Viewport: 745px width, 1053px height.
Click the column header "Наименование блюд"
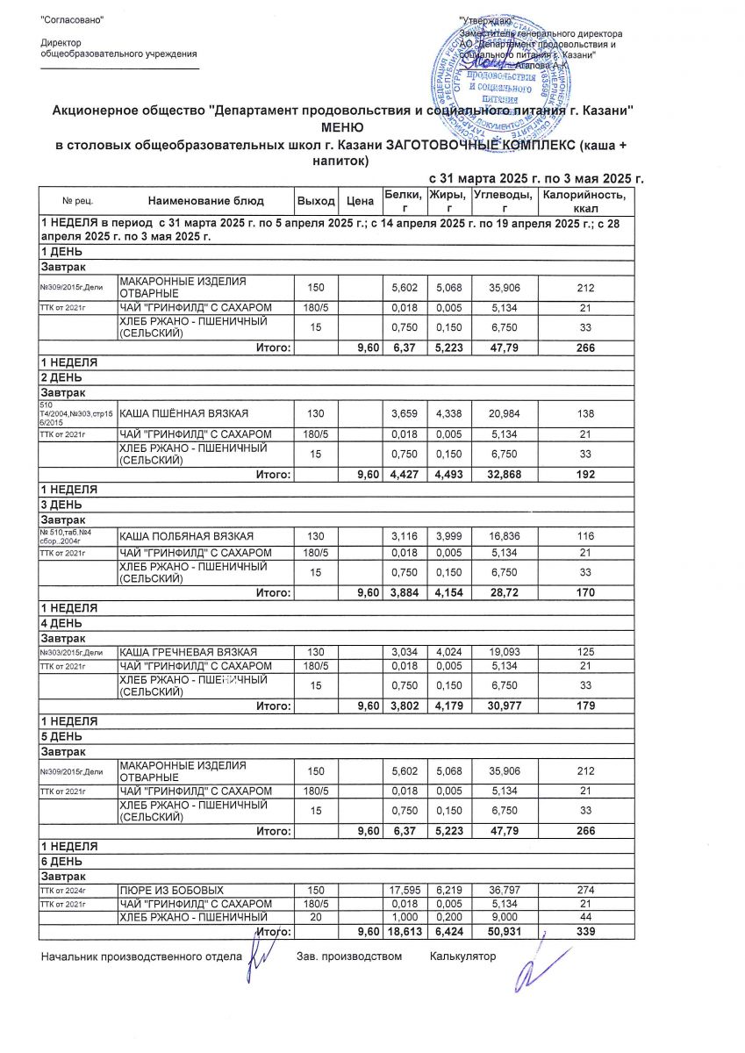[x=205, y=201]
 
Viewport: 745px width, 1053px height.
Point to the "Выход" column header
[x=316, y=201]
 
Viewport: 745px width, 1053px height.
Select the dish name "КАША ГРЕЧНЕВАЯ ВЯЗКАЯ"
[x=188, y=651]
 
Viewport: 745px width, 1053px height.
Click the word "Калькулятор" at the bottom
[x=462, y=956]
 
